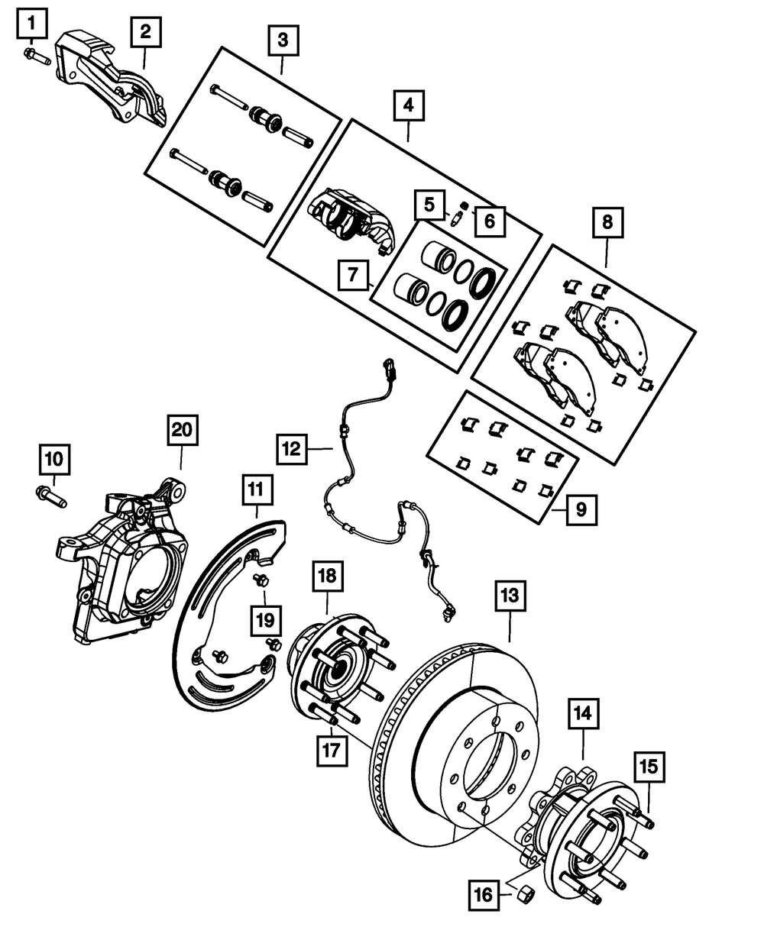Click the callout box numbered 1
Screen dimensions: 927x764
pyautogui.click(x=31, y=24)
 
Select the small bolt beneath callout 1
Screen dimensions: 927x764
pyautogui.click(x=37, y=56)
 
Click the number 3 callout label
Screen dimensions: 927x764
pyautogui.click(x=283, y=40)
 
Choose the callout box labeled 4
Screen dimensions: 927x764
pyautogui.click(x=409, y=105)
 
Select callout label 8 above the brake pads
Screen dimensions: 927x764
pyautogui.click(x=607, y=223)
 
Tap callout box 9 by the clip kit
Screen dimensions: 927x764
pyautogui.click(x=581, y=508)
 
